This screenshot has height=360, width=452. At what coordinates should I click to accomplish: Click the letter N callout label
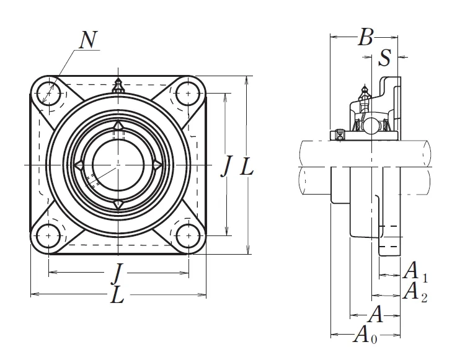[x=89, y=40]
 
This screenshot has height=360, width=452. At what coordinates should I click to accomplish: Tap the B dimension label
[x=366, y=38]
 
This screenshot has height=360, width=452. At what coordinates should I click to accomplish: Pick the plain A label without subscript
[x=375, y=315]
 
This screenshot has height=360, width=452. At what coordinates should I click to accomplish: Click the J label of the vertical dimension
[x=227, y=166]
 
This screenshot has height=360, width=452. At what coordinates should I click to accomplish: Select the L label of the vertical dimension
[x=247, y=166]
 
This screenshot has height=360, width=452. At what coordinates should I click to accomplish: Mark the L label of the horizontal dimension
[x=117, y=296]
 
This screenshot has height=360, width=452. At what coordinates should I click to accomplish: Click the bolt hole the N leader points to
[x=48, y=95]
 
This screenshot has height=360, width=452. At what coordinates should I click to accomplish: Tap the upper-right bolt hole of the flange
[x=186, y=95]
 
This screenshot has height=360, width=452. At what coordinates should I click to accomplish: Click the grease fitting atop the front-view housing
[x=117, y=87]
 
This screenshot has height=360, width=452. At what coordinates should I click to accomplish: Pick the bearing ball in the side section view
[x=371, y=126]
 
